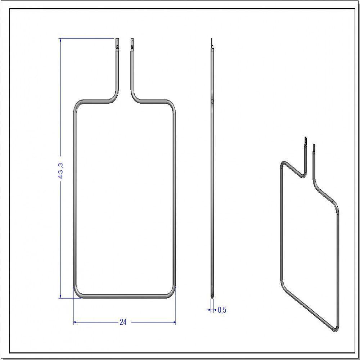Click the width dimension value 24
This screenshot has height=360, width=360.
point(123,322)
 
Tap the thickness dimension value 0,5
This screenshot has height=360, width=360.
point(222,310)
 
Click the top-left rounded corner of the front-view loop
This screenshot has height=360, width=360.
point(77,105)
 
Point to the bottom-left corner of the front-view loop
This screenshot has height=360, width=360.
point(77,293)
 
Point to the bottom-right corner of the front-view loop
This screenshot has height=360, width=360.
point(172,293)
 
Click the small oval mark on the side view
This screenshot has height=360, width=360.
point(212,102)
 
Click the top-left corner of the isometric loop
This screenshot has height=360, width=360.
point(283,164)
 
